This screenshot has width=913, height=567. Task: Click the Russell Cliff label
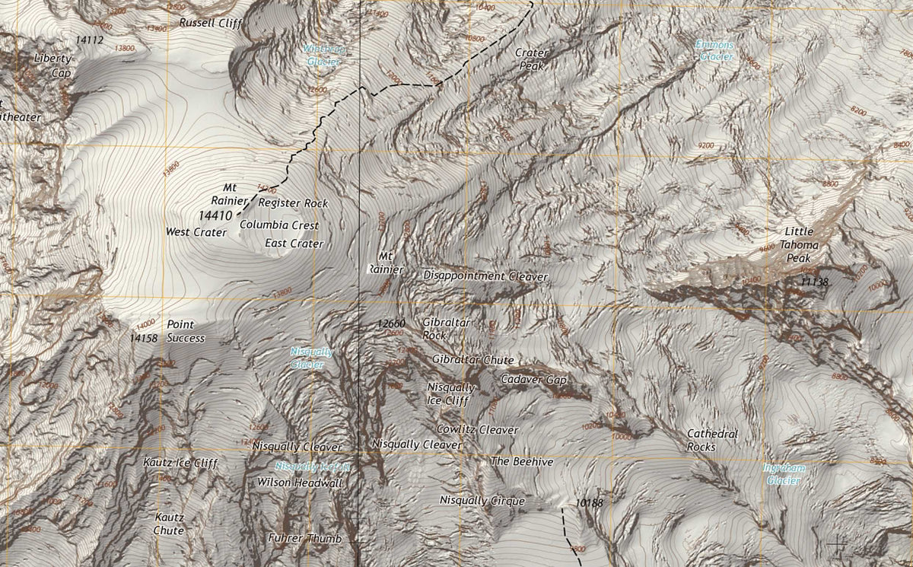[210, 23]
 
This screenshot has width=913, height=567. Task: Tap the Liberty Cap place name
[52, 65]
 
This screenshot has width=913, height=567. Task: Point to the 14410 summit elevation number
[214, 215]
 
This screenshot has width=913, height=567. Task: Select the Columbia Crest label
[278, 225]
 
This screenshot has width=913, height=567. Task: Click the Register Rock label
[293, 203]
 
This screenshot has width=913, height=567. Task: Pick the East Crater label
[294, 244]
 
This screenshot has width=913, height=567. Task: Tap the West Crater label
[196, 231]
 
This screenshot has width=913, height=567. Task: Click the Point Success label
[186, 331]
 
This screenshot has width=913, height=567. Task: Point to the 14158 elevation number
[143, 337]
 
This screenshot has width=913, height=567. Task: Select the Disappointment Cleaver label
[485, 276]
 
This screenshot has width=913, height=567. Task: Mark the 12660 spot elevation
[391, 323]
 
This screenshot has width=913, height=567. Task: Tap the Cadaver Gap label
[534, 379]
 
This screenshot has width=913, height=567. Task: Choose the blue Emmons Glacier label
[715, 50]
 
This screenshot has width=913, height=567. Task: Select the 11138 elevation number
[814, 282]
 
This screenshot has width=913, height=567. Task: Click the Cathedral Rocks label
[712, 440]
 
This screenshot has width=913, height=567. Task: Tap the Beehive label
[521, 462]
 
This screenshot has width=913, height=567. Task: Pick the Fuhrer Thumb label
[304, 538]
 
